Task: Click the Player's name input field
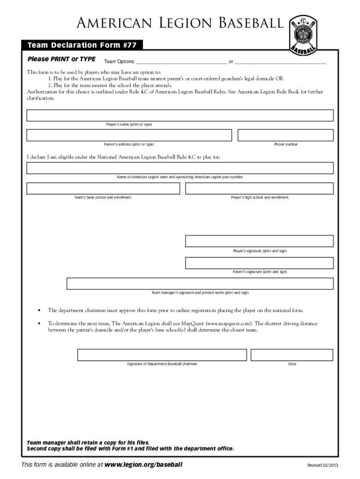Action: coord(180,116)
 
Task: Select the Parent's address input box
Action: coord(129,135)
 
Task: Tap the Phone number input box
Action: coord(285,135)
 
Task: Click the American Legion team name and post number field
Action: coord(180,168)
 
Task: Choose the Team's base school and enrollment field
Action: coord(103,189)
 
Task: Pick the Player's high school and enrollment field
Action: coord(259,189)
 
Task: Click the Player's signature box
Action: coord(259,241)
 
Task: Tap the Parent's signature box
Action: coord(259,263)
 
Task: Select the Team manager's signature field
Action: coord(200,284)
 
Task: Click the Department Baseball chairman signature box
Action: coord(162,355)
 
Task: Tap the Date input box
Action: coord(292,355)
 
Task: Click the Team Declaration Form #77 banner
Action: coord(82,45)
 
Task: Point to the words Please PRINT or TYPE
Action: coord(62,59)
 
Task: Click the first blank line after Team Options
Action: coord(181,61)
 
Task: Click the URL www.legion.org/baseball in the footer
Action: coord(143,464)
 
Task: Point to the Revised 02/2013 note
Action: coord(322,465)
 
